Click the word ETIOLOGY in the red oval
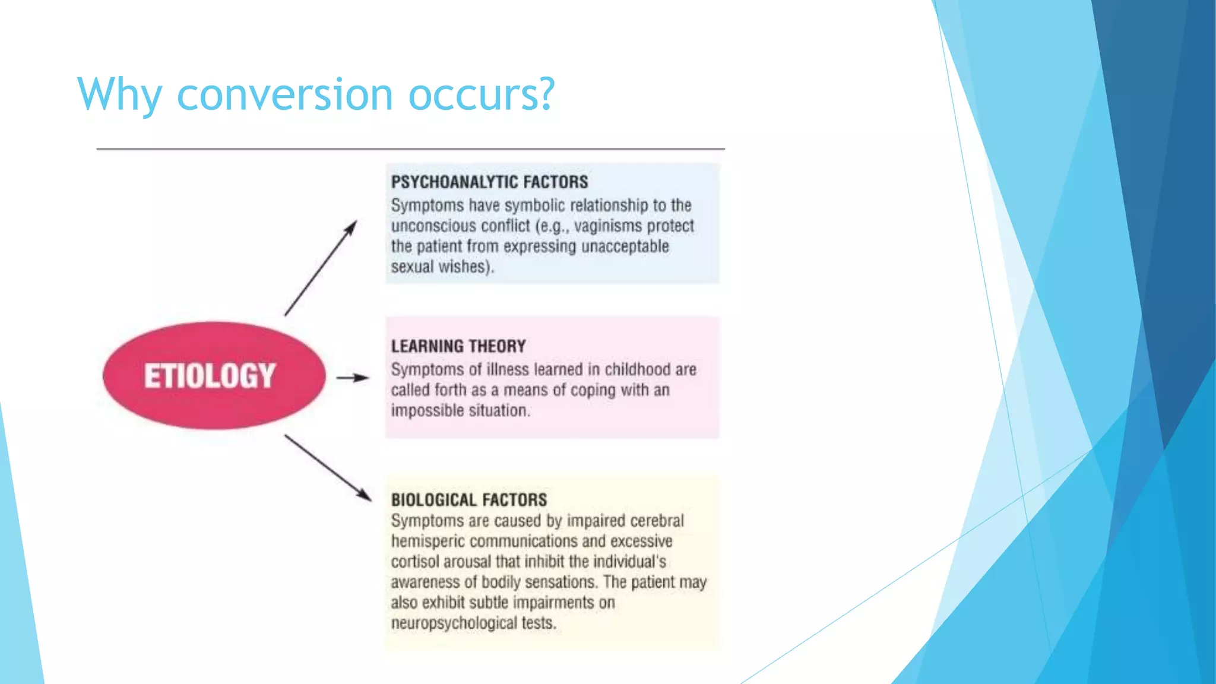pos(210,376)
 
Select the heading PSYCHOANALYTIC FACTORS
pos(489,182)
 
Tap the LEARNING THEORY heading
pos(458,346)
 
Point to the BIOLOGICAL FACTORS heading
pos(468,500)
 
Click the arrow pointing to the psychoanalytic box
pos(321,268)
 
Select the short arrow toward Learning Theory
pos(353,378)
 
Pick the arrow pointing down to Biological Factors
pos(328,468)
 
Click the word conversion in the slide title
pos(285,95)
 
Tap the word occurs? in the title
pos(481,95)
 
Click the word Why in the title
pos(119,95)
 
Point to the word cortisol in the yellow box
pos(415,562)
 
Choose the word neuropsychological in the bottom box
pos(454,623)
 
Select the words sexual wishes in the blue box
pos(441,267)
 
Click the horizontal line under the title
pos(410,149)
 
